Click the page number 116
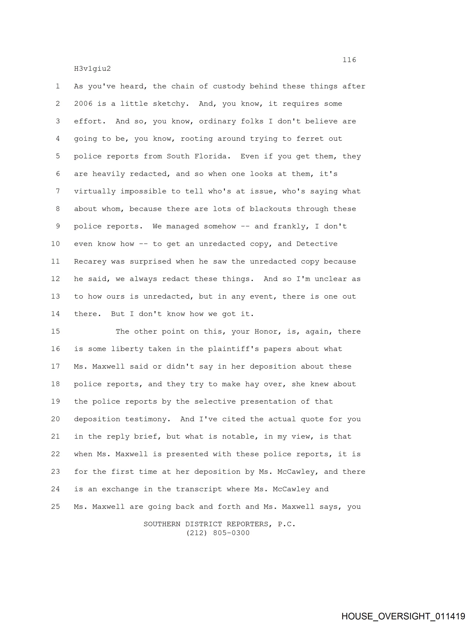pos(349,60)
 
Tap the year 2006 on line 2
pos(83,104)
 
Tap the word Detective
pos(317,244)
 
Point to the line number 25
pos(56,507)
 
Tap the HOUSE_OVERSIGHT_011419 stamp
pos(403,616)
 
